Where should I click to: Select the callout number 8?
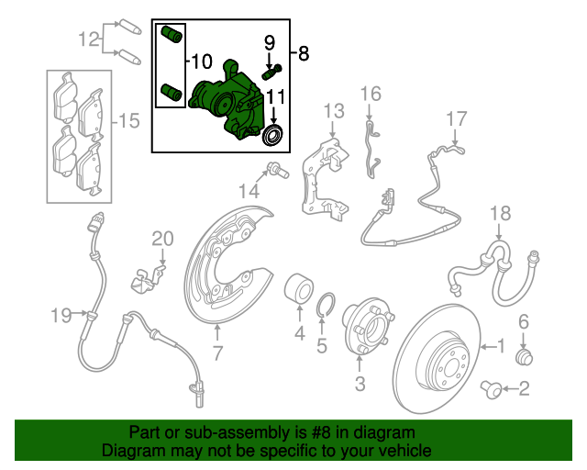305,54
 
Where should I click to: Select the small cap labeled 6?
526,356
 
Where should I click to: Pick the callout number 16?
370,94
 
